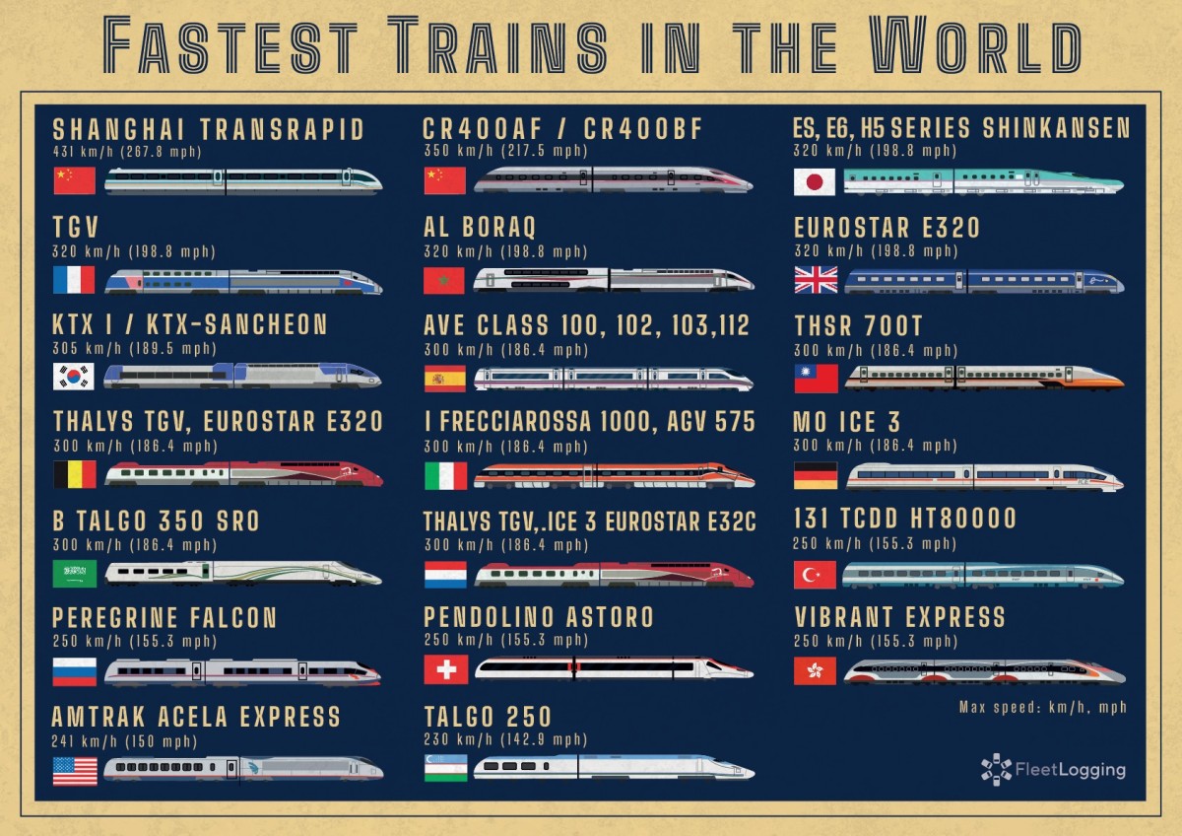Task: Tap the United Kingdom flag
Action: click(x=816, y=280)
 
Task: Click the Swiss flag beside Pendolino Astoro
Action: click(x=445, y=669)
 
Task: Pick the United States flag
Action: click(x=75, y=770)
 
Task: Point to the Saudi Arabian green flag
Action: click(x=75, y=573)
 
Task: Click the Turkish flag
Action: click(x=815, y=575)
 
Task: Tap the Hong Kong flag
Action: click(x=815, y=671)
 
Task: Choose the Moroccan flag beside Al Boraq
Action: click(x=444, y=280)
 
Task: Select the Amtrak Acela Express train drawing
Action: click(x=243, y=768)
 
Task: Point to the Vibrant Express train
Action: click(x=983, y=671)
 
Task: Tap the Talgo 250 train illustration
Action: click(x=613, y=767)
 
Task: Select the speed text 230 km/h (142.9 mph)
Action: click(x=505, y=739)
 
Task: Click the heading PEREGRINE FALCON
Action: click(x=164, y=618)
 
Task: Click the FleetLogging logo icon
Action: click(x=996, y=769)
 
